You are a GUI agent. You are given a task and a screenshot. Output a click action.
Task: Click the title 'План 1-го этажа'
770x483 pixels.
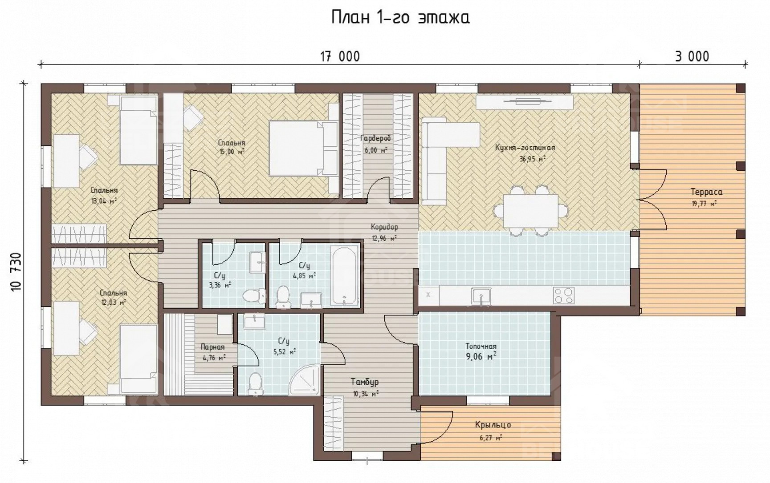pyautogui.click(x=400, y=18)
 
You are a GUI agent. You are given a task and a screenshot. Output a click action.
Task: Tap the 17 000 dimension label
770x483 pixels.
pyautogui.click(x=340, y=56)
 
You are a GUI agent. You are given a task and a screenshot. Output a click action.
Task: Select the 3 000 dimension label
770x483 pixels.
pyautogui.click(x=692, y=56)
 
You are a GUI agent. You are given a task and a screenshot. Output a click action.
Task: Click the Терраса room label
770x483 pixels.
pyautogui.click(x=706, y=192)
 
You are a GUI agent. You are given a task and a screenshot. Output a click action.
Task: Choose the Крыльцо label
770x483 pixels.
pyautogui.click(x=493, y=425)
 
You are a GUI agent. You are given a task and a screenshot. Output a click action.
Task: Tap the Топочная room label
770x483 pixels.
pyautogui.click(x=481, y=346)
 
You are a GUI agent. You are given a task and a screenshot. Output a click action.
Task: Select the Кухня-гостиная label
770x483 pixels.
pyautogui.click(x=525, y=148)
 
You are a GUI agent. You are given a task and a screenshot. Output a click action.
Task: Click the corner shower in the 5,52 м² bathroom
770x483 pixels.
pyautogui.click(x=305, y=381)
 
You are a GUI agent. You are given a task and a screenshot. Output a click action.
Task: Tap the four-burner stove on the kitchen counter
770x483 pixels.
pyautogui.click(x=563, y=295)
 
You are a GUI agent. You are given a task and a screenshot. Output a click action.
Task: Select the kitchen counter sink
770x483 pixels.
pyautogui.click(x=481, y=297)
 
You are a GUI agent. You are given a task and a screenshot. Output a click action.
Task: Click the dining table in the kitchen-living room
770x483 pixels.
pyautogui.click(x=530, y=211)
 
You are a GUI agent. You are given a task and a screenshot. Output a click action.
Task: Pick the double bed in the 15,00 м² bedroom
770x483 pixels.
pyautogui.click(x=303, y=148)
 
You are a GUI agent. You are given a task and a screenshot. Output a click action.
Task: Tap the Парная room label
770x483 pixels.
pyautogui.click(x=212, y=347)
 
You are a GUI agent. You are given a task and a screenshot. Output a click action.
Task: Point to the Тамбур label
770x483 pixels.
pyautogui.click(x=365, y=382)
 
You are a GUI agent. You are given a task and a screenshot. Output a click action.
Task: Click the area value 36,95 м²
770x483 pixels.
pyautogui.click(x=532, y=158)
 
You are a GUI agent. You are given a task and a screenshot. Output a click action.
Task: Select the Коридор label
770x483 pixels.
pyautogui.click(x=385, y=227)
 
